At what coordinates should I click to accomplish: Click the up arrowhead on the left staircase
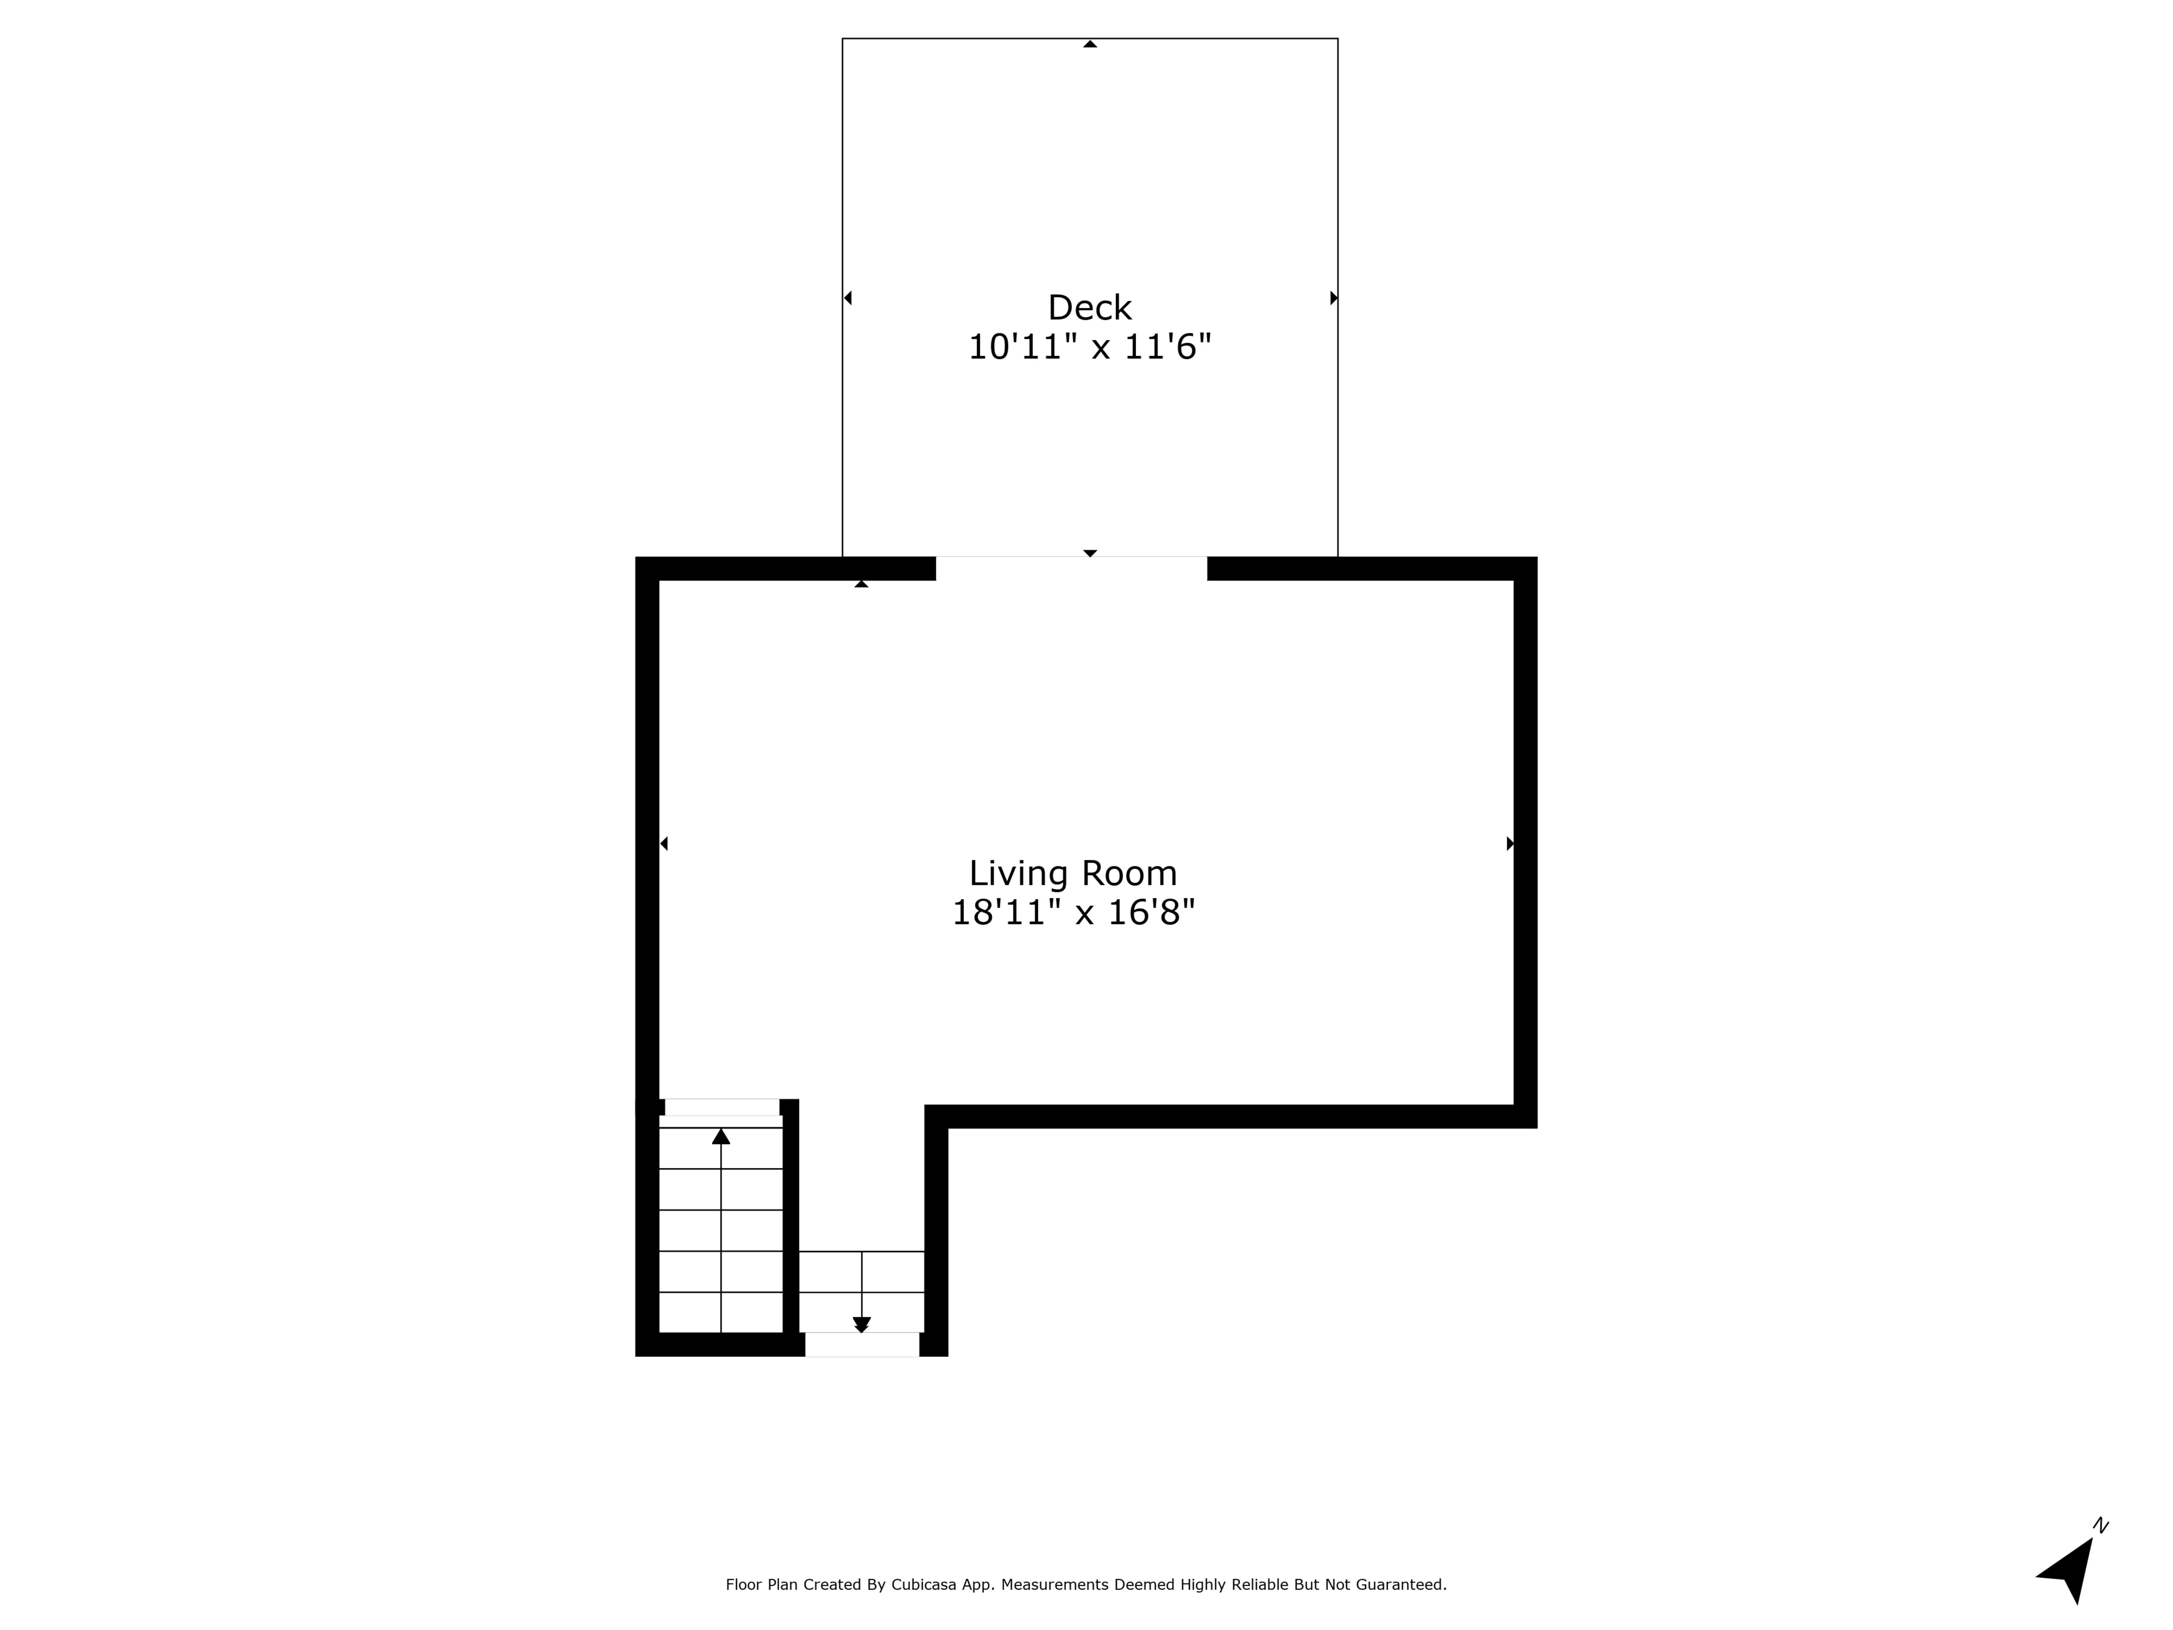[721, 1137]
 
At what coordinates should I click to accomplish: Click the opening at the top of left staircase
[722, 1107]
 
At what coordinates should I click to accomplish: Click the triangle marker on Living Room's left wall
[664, 843]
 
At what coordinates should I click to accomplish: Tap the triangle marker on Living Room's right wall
[1510, 843]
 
